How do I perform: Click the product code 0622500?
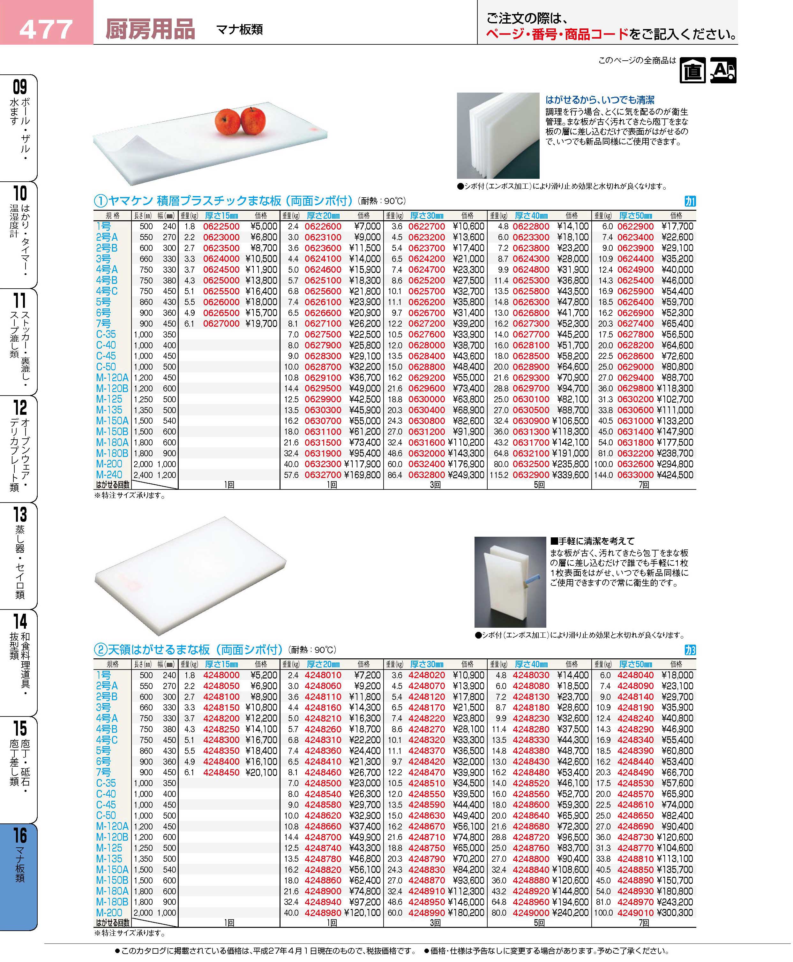[221, 226]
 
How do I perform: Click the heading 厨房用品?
[150, 29]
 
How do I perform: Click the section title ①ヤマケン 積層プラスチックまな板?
[224, 201]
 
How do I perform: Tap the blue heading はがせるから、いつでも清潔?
[600, 100]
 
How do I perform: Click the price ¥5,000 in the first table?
[264, 226]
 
